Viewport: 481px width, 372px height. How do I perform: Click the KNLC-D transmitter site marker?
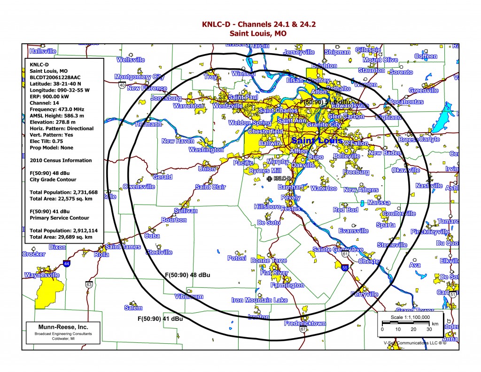pyautogui.click(x=269, y=179)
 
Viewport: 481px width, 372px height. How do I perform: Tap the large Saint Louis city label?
pyautogui.click(x=317, y=141)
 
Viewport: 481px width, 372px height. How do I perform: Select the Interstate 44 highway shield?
pyautogui.click(x=68, y=265)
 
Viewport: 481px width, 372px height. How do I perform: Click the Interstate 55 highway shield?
pyautogui.click(x=345, y=268)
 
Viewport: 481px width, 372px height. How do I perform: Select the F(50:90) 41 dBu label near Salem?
pyautogui.click(x=160, y=319)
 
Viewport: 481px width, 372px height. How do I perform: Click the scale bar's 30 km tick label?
pyautogui.click(x=429, y=329)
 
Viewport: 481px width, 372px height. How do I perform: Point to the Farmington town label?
pyautogui.click(x=287, y=285)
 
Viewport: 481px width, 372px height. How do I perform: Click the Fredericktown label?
pyautogui.click(x=305, y=324)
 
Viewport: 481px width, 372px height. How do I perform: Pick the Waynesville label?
pyautogui.click(x=42, y=275)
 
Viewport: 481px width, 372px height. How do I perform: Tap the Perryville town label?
pyautogui.click(x=364, y=294)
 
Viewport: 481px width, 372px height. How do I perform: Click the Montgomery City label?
pyautogui.click(x=140, y=77)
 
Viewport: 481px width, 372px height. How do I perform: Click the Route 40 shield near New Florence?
pyautogui.click(x=122, y=85)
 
